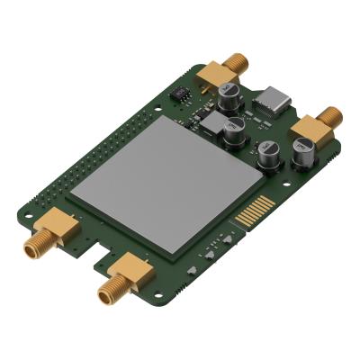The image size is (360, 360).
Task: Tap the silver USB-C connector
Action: [274, 100]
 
